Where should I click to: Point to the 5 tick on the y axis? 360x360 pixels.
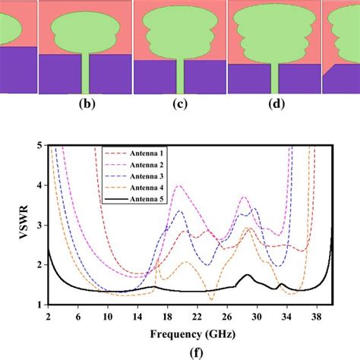[x=40, y=145]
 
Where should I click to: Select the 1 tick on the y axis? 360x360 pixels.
[x=40, y=305]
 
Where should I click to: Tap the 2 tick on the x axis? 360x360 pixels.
[x=49, y=315]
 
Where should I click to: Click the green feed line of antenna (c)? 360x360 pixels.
[x=180, y=76]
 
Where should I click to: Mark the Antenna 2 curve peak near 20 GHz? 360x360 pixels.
[x=178, y=185]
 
